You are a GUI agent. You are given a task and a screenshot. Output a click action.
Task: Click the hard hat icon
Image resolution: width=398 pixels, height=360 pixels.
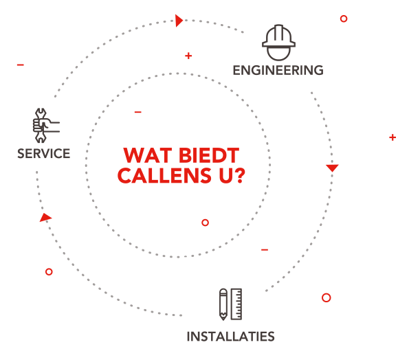(278, 43)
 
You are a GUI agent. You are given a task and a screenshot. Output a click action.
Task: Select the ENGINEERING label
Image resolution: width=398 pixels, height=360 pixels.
(278, 70)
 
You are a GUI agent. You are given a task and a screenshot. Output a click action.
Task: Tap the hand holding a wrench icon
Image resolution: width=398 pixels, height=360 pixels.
(45, 125)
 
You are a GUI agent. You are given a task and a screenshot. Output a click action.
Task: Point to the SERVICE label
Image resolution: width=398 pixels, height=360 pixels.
(44, 153)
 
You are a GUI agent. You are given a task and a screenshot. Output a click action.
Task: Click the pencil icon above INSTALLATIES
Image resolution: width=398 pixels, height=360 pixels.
(223, 304)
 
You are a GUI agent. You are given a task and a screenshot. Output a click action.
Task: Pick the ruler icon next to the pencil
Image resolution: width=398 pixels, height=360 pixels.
(236, 304)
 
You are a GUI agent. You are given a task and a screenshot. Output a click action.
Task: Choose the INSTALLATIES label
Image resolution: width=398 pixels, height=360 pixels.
(230, 337)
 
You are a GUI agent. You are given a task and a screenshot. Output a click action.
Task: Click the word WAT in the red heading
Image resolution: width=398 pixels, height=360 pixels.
(148, 155)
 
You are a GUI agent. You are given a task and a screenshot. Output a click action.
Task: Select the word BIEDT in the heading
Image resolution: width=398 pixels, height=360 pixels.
(209, 155)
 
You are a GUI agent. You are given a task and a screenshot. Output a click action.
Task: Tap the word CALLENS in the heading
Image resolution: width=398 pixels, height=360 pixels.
(164, 175)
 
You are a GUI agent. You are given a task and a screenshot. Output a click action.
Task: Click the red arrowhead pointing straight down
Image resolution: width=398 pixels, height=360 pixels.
(332, 168)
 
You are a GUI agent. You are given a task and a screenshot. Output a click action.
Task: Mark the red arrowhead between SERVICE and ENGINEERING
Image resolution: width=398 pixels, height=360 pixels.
(179, 21)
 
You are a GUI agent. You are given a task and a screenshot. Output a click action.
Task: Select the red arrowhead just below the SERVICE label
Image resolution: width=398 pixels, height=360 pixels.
(45, 218)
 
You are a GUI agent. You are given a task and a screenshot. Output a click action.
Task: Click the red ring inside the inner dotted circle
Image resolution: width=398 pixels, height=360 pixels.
(205, 223)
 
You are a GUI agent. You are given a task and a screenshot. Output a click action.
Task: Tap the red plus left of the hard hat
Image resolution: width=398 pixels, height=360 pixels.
(188, 56)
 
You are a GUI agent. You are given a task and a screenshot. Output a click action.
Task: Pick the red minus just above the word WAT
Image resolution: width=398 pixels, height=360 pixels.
(138, 112)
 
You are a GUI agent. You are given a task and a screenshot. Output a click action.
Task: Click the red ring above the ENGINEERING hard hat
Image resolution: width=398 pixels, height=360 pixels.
(344, 19)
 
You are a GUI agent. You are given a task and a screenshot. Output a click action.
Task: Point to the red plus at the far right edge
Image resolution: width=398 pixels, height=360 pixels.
(393, 137)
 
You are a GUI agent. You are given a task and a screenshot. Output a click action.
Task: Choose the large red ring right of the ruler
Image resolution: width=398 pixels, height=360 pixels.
(326, 297)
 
